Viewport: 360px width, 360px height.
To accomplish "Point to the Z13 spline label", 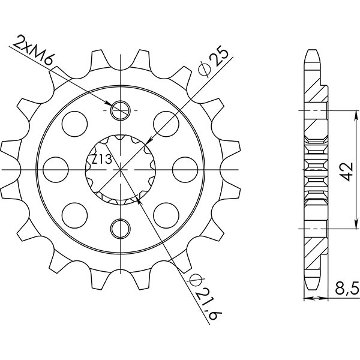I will coord(100,160).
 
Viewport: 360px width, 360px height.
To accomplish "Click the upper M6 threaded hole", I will coord(121,110).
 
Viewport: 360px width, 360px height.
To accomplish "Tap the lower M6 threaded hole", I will coord(121,227).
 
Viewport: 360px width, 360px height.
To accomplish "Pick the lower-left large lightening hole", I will coord(76,214).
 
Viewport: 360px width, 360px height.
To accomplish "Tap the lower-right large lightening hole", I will coord(166,214).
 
